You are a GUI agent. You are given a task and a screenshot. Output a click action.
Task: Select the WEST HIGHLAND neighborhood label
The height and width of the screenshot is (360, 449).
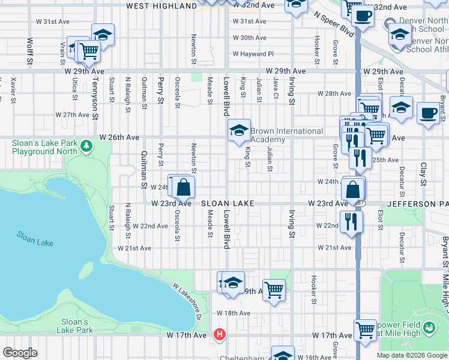coord(161,6)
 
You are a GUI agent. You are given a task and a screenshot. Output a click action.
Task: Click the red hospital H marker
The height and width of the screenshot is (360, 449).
coord(220,334)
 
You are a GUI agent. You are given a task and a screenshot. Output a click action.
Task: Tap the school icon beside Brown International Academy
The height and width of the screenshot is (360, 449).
coord(238,130)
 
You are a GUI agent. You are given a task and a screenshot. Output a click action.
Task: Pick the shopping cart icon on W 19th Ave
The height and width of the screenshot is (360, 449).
coord(274,290)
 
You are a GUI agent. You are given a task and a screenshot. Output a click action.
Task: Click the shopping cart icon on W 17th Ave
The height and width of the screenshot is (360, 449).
coord(365,329)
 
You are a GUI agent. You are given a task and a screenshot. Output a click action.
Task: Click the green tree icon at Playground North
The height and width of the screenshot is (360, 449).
coord(87,146)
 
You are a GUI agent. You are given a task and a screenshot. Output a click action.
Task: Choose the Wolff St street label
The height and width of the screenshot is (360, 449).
coord(29,50)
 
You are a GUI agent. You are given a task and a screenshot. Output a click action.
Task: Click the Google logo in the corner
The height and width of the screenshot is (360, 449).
coord(20,352)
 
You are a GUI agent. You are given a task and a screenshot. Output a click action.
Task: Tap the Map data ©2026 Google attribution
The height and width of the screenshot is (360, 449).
coord(411,355)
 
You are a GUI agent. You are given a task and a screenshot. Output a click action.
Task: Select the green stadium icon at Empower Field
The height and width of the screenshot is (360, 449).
coord(429,328)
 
